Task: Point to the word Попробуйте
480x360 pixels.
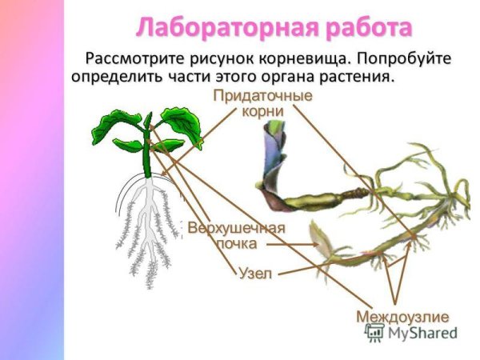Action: [406, 60]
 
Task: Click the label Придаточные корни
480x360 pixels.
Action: [262, 103]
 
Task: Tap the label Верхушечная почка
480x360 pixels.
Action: [236, 235]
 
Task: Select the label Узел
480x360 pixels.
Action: [255, 274]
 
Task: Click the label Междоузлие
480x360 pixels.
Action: [402, 316]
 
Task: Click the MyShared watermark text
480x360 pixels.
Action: [422, 334]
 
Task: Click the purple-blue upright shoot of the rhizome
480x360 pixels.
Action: [269, 152]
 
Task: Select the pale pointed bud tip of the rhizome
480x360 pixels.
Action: [318, 236]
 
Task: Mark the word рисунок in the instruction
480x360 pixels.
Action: [222, 60]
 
